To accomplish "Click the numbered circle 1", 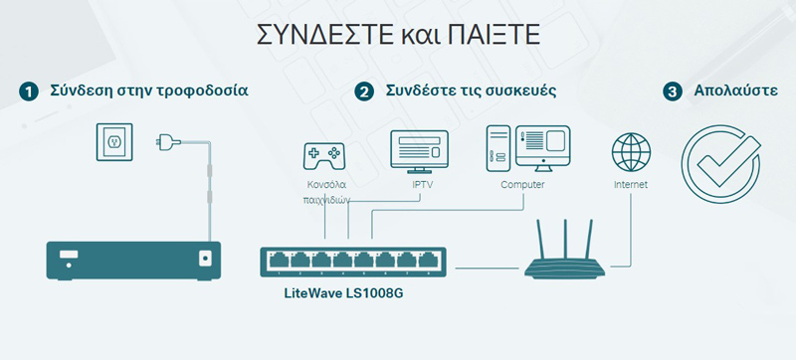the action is coord(29,91).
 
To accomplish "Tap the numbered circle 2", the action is coord(364,91).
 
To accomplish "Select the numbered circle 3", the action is coord(674,91).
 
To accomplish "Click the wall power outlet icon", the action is coord(113,142).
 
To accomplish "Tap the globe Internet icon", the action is coord(631,154).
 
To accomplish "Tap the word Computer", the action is coord(522,185).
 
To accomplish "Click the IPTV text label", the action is coord(422,185).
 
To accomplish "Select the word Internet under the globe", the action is coord(631,185).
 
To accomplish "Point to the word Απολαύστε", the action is coord(738,91).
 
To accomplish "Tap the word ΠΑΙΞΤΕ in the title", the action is coord(487,37).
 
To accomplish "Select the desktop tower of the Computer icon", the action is coord(498,149).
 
